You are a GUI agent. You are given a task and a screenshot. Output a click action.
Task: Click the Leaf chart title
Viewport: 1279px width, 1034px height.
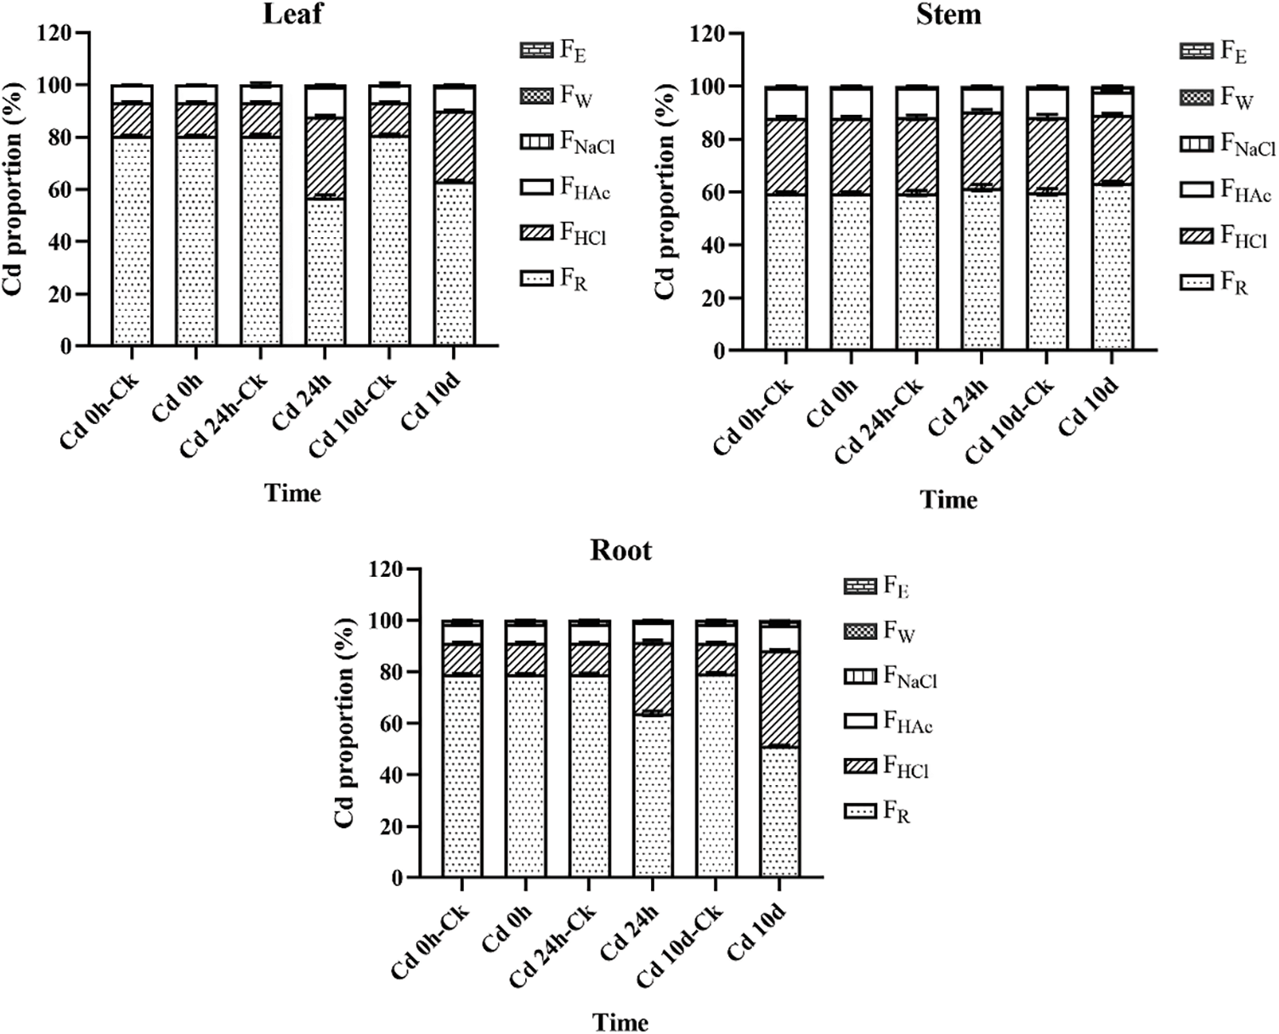(293, 14)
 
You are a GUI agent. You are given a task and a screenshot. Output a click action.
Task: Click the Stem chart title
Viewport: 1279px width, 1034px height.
(948, 14)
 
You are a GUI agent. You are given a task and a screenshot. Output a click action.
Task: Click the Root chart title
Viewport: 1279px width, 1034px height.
(621, 551)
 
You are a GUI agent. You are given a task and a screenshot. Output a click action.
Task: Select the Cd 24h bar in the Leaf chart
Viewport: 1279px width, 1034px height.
(326, 215)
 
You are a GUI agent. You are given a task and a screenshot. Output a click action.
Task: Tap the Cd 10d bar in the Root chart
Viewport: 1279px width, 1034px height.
(780, 749)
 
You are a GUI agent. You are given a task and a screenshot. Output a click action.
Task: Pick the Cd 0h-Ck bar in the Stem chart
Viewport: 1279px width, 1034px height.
(786, 218)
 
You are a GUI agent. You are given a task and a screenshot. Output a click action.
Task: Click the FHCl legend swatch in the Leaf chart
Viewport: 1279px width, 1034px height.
(536, 234)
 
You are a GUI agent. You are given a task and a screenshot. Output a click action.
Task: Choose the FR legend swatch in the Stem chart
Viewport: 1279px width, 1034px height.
(1197, 281)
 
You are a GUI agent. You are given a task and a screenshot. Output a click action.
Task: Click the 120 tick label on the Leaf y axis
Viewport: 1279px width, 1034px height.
(56, 33)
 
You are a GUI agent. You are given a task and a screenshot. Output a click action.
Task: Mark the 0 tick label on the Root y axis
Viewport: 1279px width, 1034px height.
(397, 878)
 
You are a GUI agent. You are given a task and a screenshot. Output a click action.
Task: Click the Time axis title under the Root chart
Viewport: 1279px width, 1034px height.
(621, 1021)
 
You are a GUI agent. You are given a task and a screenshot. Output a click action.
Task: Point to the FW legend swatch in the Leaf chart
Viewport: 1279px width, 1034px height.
(536, 96)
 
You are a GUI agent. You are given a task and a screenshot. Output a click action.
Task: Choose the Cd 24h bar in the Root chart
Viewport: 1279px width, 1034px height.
(653, 749)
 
